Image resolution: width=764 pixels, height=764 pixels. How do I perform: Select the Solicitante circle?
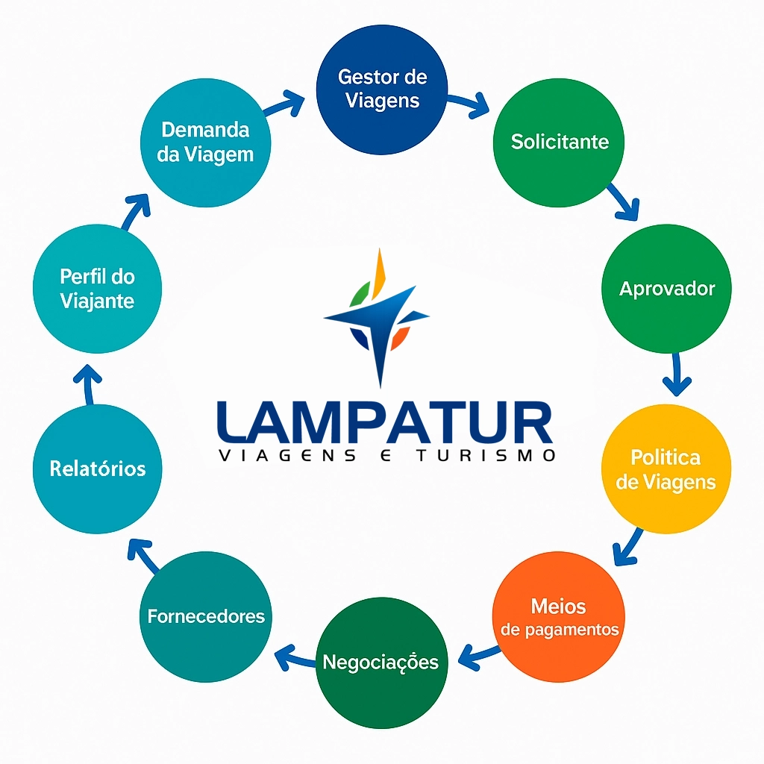(559, 142)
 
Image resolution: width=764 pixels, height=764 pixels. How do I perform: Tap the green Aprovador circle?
(666, 289)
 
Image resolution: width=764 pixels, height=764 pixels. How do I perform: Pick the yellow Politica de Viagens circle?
(666, 469)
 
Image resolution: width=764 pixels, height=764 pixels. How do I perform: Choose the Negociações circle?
(382, 663)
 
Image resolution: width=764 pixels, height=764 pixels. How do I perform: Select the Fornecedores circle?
(206, 616)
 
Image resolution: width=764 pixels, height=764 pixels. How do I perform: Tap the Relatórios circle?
(98, 469)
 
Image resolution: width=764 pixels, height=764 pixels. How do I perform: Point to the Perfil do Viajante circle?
(98, 289)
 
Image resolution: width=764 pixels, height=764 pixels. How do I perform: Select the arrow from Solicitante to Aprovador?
(624, 201)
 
